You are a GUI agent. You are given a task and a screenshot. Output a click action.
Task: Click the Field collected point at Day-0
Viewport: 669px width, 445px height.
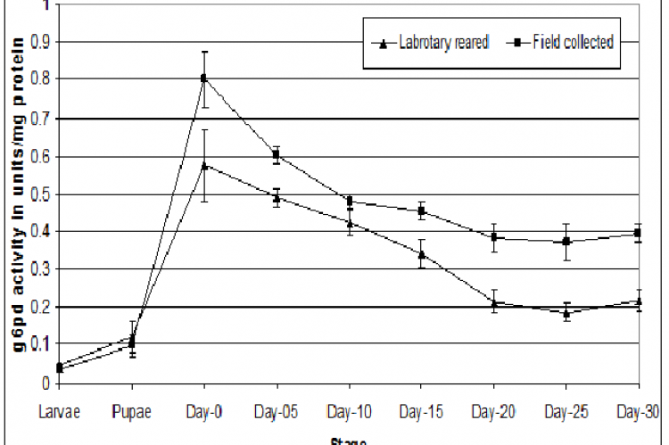[x=204, y=78]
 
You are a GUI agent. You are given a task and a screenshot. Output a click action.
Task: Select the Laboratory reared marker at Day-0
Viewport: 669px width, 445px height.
[x=204, y=165]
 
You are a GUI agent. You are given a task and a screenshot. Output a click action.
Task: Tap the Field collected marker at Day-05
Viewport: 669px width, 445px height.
[x=277, y=154]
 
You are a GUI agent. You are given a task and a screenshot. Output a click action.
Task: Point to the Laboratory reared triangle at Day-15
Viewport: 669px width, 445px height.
[x=421, y=254]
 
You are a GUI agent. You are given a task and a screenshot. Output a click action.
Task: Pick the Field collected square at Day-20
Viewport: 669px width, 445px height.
[x=493, y=237]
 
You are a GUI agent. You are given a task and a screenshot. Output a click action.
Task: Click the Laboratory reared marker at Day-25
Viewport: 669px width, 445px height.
[x=566, y=312]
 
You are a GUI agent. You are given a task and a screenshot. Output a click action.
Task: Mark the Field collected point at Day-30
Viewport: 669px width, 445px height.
[x=638, y=233]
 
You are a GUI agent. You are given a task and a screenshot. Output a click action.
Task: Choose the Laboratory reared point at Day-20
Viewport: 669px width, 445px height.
[x=493, y=302]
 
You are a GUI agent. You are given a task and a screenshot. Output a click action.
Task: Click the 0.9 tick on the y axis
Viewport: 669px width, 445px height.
[x=37, y=41]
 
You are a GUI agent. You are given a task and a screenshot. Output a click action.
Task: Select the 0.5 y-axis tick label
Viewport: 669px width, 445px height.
[x=37, y=194]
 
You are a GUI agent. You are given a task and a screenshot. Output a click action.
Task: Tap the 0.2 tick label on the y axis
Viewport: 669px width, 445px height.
[x=37, y=307]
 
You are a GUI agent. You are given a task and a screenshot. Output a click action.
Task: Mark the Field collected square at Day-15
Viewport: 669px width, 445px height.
[x=421, y=211]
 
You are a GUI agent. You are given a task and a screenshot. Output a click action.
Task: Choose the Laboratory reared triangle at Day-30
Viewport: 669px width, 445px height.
[x=638, y=301]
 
